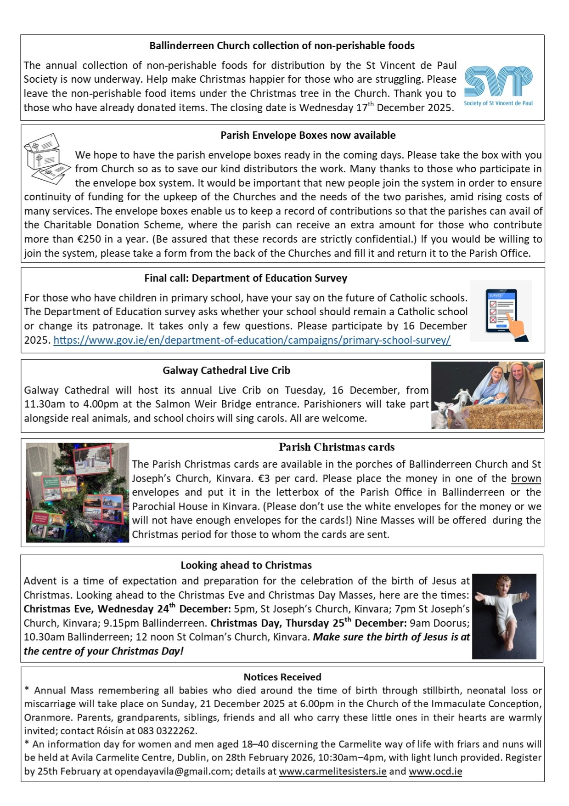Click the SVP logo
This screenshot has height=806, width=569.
click(498, 86)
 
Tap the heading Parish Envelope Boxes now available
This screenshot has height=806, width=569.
click(308, 135)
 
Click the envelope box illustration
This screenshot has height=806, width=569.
click(46, 158)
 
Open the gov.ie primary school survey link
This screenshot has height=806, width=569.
click(252, 340)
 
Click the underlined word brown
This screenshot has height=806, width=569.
click(526, 478)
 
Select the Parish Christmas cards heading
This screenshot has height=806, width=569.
click(337, 447)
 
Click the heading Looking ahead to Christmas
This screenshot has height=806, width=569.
click(246, 565)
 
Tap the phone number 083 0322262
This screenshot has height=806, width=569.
click(169, 731)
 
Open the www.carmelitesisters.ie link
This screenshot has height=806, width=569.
click(332, 771)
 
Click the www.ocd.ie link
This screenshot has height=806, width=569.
click(435, 771)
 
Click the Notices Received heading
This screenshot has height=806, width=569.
click(282, 677)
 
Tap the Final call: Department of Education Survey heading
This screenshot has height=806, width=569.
click(246, 278)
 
